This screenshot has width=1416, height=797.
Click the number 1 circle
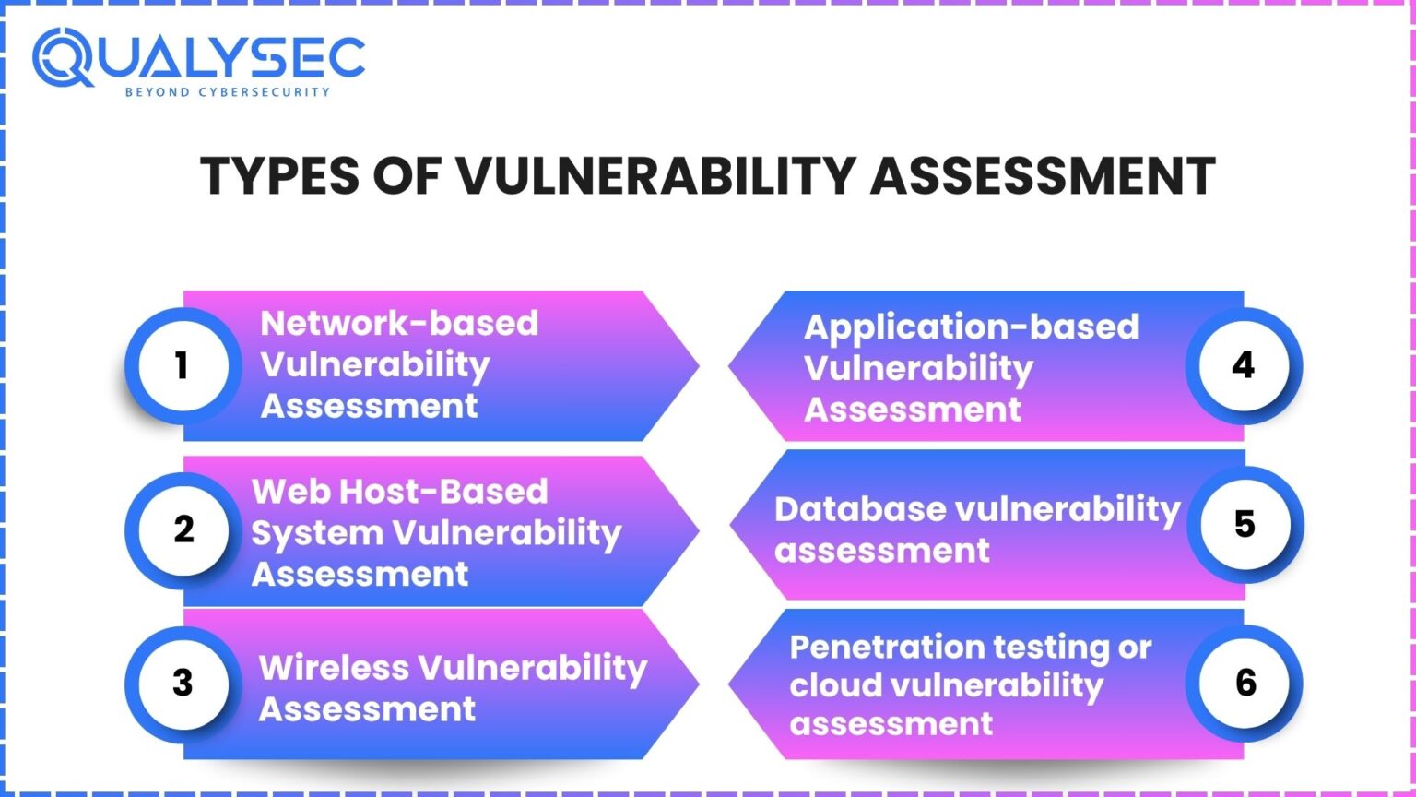(183, 365)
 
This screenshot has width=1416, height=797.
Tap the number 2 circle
(183, 529)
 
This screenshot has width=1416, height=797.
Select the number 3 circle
(183, 683)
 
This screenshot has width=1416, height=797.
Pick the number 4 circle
(1243, 365)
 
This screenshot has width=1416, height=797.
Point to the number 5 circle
(1245, 524)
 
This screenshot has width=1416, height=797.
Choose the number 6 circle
(1245, 683)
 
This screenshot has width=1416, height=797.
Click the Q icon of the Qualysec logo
(63, 57)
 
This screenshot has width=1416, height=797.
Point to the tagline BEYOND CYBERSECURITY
(227, 92)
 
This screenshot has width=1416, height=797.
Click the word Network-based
(399, 324)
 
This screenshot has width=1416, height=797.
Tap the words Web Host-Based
(399, 491)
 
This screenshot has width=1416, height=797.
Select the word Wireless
(334, 667)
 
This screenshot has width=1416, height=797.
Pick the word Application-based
(971, 327)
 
